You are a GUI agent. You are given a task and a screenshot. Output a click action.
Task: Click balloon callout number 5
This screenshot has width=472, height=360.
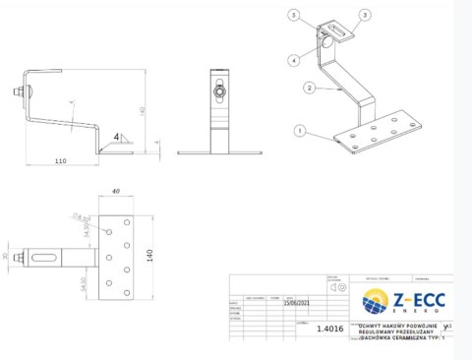pyautogui.click(x=293, y=15)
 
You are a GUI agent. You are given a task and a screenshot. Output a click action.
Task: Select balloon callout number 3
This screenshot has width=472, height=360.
pyautogui.click(x=365, y=16)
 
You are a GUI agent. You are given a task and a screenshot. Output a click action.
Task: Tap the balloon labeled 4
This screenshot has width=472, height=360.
pyautogui.click(x=293, y=61)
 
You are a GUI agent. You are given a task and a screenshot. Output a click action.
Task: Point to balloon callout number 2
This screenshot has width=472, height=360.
pyautogui.click(x=309, y=88)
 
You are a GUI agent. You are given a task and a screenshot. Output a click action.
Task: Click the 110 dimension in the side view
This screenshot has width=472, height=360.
pyautogui.click(x=60, y=160)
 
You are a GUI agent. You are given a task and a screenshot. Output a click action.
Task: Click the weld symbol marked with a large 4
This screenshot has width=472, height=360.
pyautogui.click(x=116, y=138)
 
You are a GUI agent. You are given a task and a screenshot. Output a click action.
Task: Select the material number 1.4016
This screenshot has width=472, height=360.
pyautogui.click(x=330, y=330)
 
